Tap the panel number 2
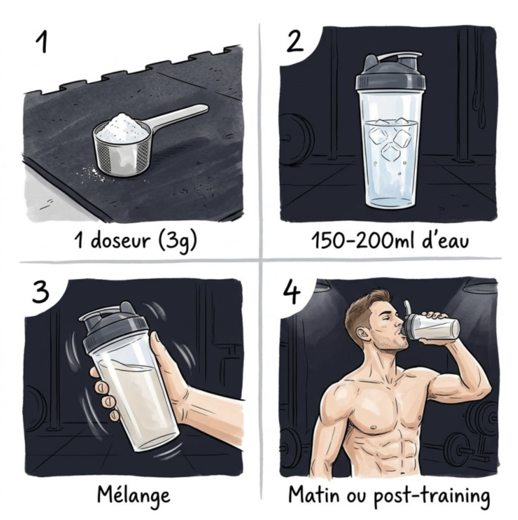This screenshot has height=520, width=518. click(x=295, y=41)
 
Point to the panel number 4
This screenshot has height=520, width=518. click(x=291, y=291)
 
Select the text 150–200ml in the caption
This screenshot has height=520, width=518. click(x=363, y=241)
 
